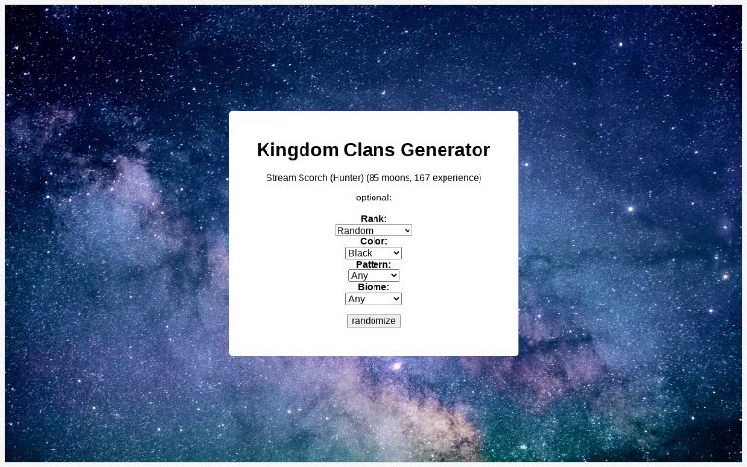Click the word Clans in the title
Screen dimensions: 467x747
click(x=367, y=150)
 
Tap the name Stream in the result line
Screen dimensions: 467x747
click(x=281, y=178)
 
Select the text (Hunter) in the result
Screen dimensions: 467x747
click(x=346, y=178)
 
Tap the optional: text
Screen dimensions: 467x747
click(x=373, y=198)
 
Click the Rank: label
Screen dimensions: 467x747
click(x=373, y=219)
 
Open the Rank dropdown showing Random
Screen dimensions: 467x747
click(x=373, y=231)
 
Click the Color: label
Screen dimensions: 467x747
click(x=373, y=241)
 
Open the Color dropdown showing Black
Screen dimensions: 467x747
click(x=373, y=253)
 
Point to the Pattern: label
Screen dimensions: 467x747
click(x=373, y=265)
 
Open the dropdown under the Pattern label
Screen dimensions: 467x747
click(x=373, y=276)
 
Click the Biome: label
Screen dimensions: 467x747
click(x=373, y=287)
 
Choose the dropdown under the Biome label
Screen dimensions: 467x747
click(x=373, y=299)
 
